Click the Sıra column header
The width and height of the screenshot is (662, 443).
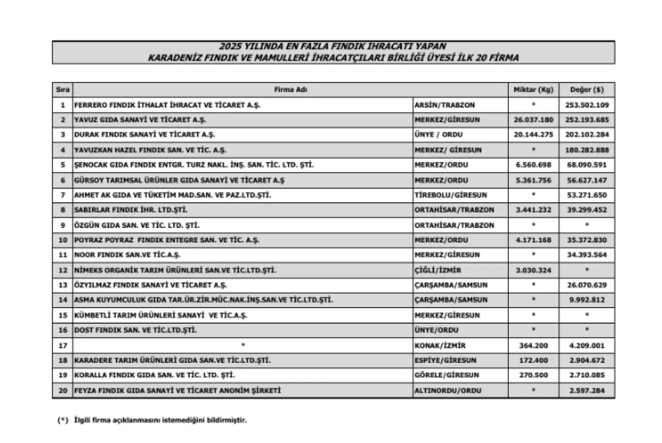[62, 90]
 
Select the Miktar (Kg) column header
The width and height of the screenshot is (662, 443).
[533, 90]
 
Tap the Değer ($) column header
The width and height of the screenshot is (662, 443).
[586, 90]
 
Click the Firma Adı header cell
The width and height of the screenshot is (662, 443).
[291, 90]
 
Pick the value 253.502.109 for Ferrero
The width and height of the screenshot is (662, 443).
[586, 105]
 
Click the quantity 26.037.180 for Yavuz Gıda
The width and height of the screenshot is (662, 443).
[533, 120]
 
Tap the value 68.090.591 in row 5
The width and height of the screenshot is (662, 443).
[586, 165]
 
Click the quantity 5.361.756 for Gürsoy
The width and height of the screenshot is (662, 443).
[533, 180]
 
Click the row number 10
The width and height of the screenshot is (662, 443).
[62, 240]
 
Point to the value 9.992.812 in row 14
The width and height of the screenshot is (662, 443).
[586, 300]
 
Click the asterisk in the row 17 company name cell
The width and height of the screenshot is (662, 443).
[243, 345]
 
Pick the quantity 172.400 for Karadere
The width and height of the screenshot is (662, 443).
[533, 360]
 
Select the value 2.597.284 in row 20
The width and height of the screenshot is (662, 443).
[586, 391]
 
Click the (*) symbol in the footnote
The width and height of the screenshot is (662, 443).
[63, 420]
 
